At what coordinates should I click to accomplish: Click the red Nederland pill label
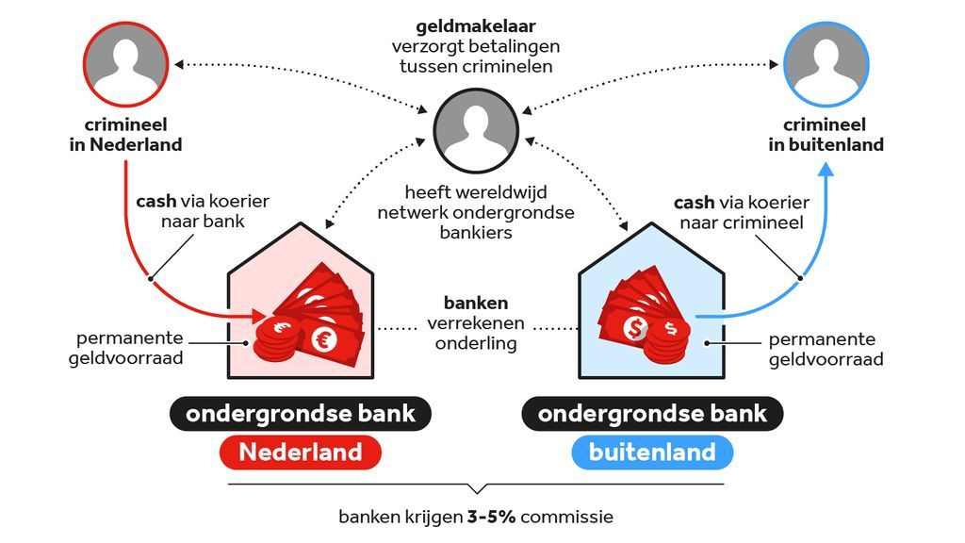[300, 452]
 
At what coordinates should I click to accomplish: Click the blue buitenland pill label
[652, 452]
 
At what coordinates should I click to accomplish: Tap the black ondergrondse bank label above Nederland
[300, 414]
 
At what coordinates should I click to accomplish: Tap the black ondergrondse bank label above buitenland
[652, 414]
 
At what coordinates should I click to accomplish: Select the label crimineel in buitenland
[826, 135]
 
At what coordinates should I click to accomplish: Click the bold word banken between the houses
[476, 304]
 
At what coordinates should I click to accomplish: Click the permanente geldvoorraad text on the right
[822, 349]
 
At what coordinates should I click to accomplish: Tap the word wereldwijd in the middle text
[513, 192]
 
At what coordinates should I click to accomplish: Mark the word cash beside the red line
[156, 202]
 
